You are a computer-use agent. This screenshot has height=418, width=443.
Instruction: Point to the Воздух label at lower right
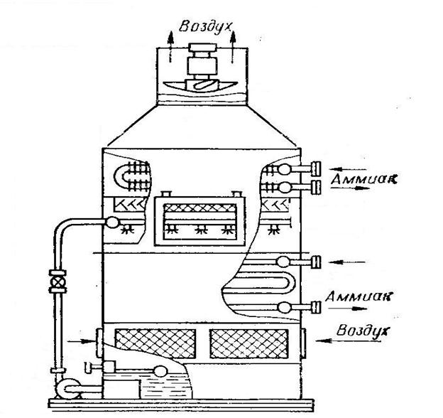tap(360, 331)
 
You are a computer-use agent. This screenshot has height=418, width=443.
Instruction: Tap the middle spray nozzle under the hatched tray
tap(198, 231)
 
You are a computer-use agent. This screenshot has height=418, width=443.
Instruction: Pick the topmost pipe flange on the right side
tap(313, 169)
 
